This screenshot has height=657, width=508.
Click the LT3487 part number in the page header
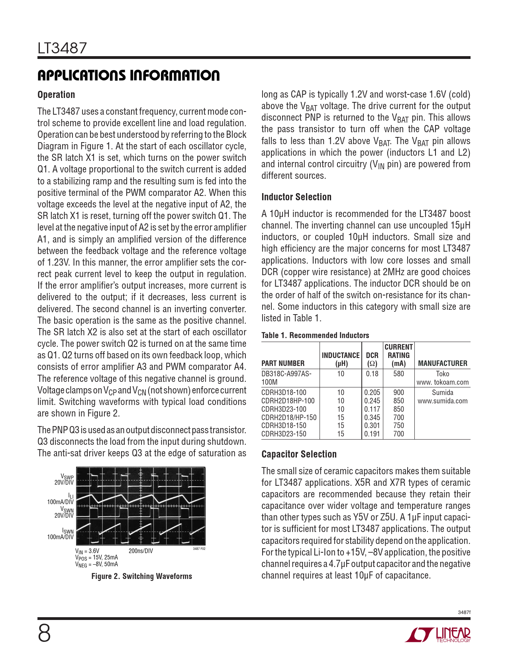[62, 48]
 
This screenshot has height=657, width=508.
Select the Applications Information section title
[128, 75]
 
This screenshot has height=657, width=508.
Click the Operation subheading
[56, 95]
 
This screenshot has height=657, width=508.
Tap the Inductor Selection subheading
[296, 197]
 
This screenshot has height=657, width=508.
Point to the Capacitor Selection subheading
[299, 454]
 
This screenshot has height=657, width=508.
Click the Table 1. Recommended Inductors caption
[315, 335]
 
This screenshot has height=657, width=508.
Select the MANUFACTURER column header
[442, 363]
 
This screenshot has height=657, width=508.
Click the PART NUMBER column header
[283, 363]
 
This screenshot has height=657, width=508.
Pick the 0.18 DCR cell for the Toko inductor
[372, 374]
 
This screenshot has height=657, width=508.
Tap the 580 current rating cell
[398, 374]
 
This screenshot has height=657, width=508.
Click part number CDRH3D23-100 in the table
[284, 409]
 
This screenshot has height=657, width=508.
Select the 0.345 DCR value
[372, 417]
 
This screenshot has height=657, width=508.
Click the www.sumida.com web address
[442, 401]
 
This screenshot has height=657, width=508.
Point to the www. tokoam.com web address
[442, 382]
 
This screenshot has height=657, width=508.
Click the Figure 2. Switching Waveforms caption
[141, 576]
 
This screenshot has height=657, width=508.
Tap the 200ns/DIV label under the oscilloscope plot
[141, 551]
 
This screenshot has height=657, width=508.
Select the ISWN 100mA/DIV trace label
[61, 534]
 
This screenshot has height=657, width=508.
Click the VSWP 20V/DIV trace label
[65, 479]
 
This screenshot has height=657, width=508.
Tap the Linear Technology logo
[438, 635]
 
